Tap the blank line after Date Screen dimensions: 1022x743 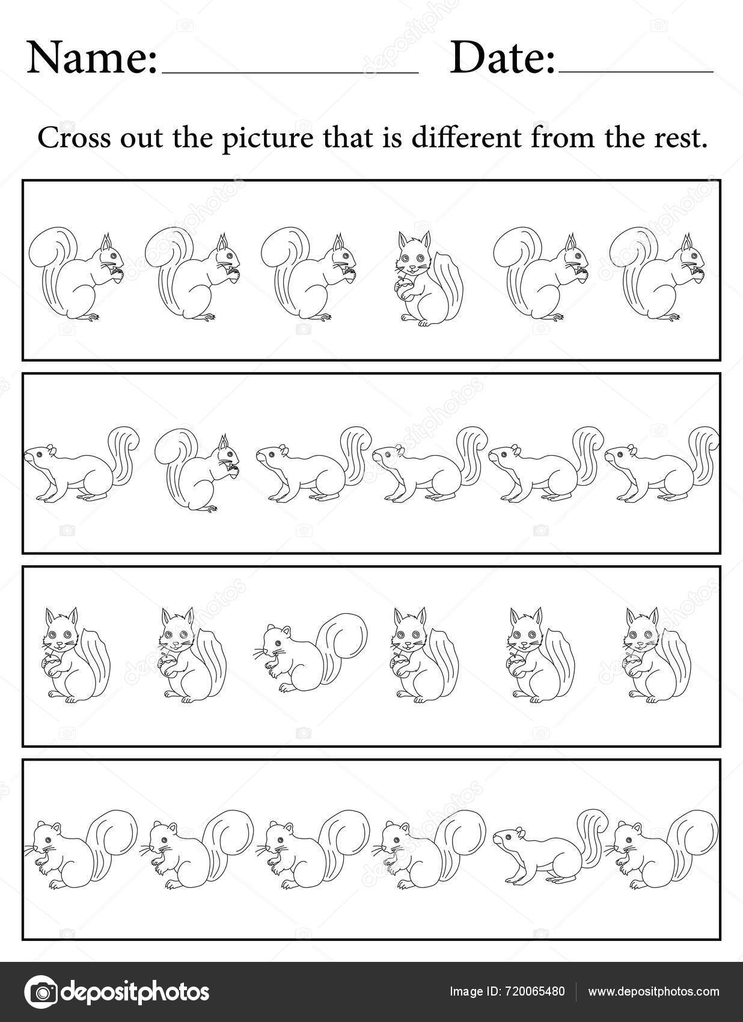[x=636, y=71]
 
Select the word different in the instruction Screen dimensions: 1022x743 [x=466, y=139]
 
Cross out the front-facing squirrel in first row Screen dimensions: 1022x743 [x=428, y=279]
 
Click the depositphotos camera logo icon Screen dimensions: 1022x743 [x=41, y=991]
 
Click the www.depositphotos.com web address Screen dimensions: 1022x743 [x=653, y=992]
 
